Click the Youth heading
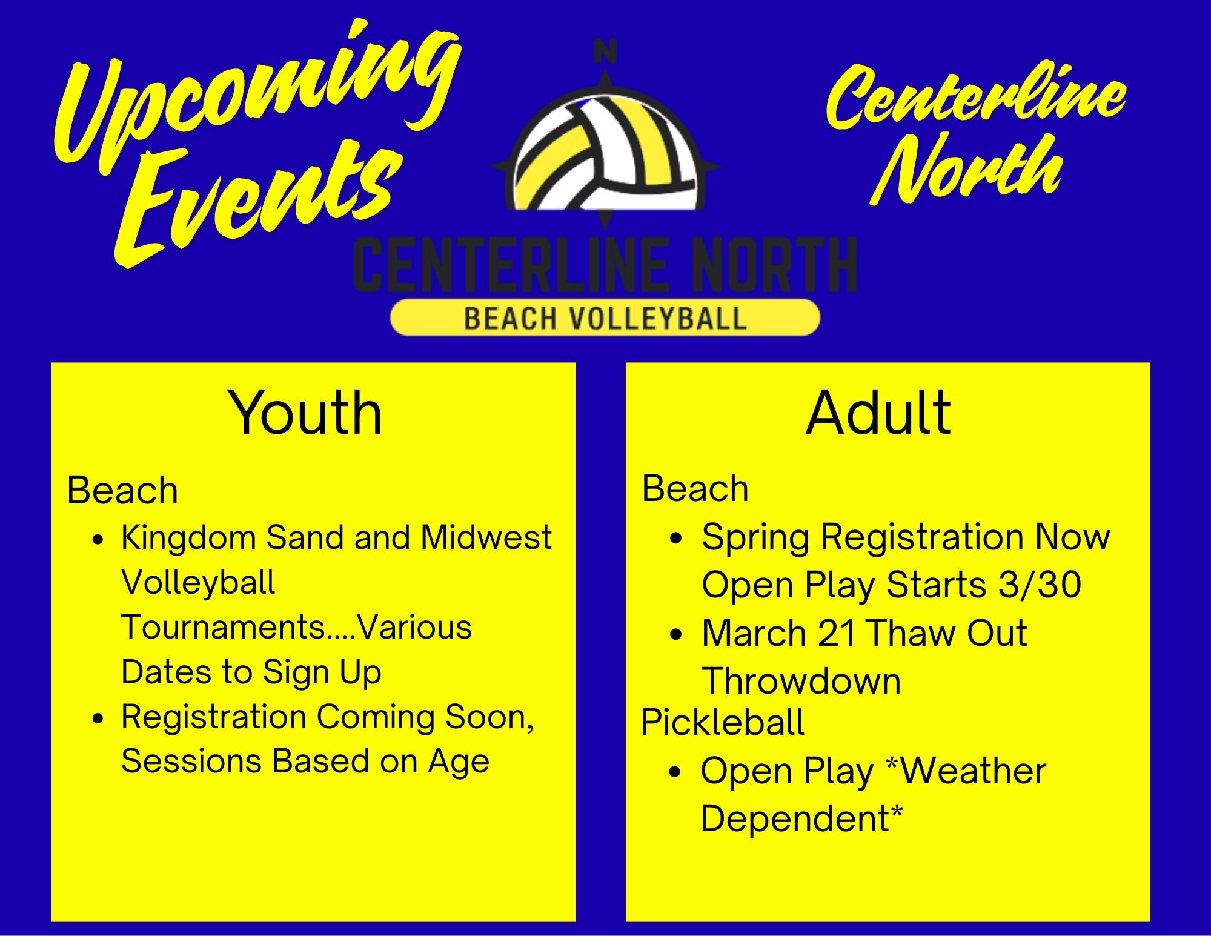click(x=305, y=413)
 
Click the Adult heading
click(x=878, y=413)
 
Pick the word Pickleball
click(x=723, y=723)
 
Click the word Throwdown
click(x=801, y=681)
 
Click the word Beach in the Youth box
click(x=122, y=490)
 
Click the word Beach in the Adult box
click(x=695, y=488)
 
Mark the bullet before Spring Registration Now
click(x=677, y=538)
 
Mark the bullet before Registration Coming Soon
click(x=98, y=719)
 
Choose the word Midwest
click(x=486, y=537)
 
